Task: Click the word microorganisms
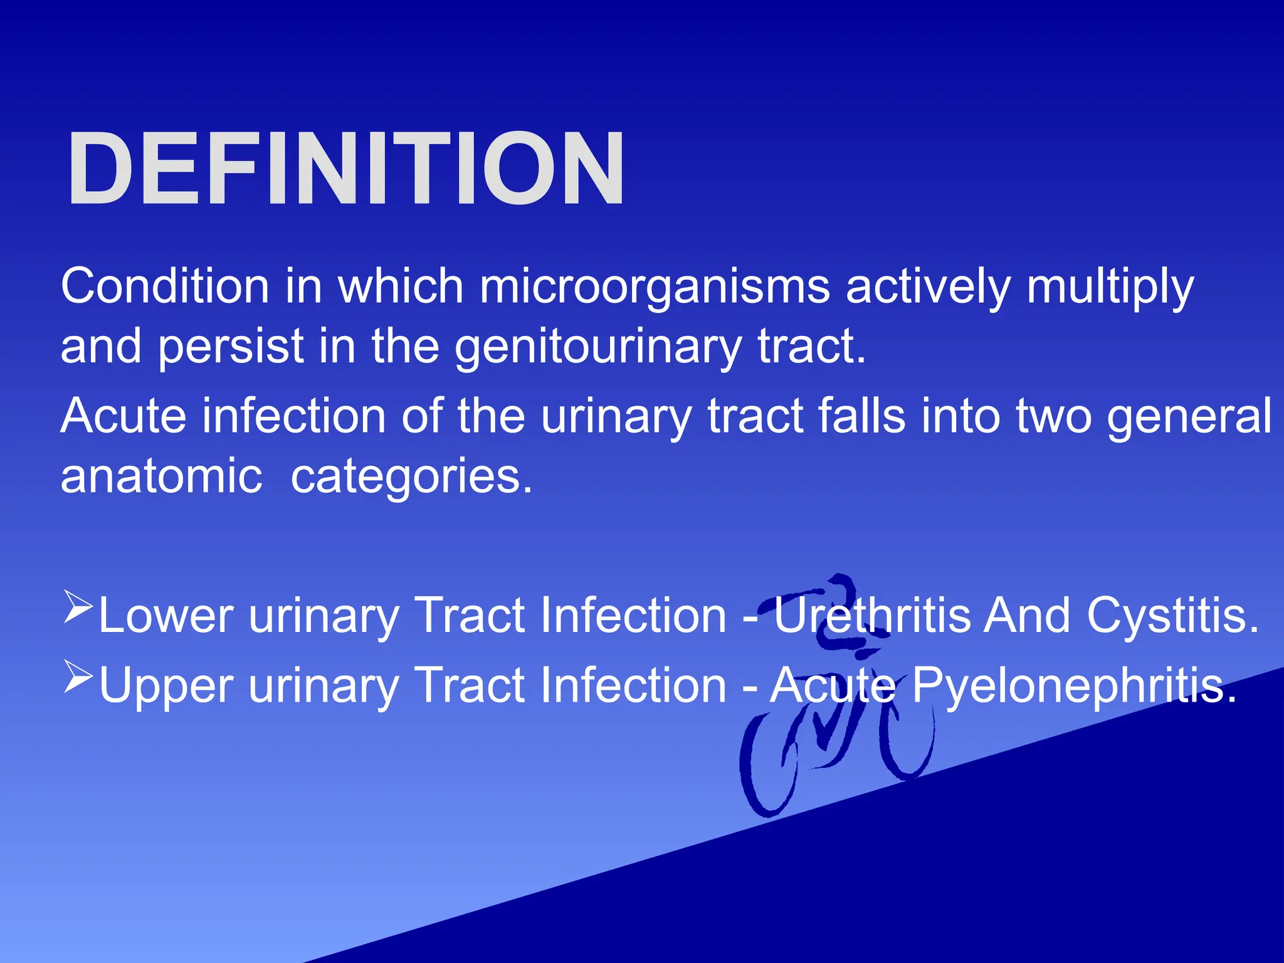[x=655, y=287]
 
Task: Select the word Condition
[x=165, y=287]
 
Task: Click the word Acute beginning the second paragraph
[x=124, y=416]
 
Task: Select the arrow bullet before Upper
[x=78, y=677]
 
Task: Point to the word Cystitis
[x=1172, y=616]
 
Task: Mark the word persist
[x=231, y=347]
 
